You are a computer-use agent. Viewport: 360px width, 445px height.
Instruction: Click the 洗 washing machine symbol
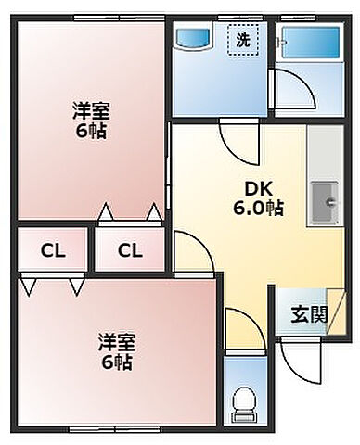(x=241, y=40)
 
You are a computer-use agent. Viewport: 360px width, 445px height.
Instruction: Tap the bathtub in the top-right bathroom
(x=311, y=41)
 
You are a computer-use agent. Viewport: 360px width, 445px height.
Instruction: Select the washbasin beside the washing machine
(x=195, y=40)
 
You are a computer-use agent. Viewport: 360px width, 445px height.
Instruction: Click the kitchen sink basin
(x=326, y=197)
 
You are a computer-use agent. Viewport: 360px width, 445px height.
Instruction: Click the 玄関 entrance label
(x=311, y=313)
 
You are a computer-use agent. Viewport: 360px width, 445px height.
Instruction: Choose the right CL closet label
(x=129, y=249)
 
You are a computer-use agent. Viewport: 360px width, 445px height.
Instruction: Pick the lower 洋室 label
(x=116, y=341)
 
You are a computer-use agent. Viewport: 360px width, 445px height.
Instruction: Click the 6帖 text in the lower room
(x=116, y=362)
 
